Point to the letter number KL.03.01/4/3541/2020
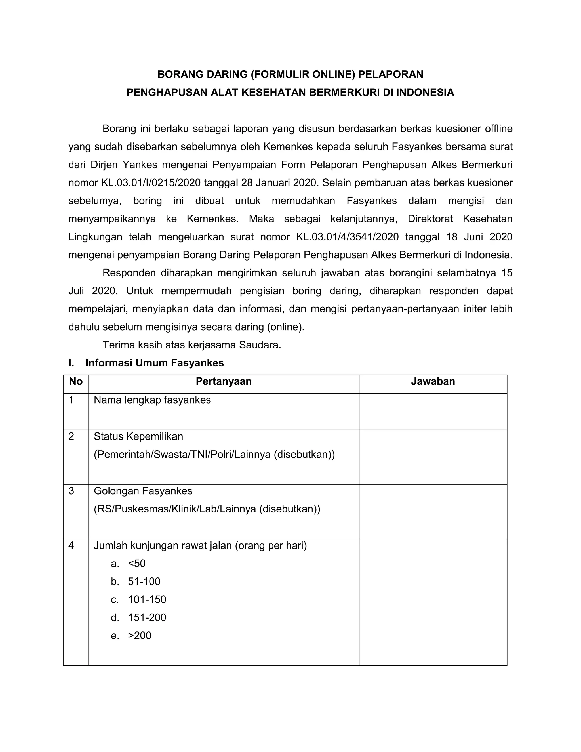(x=347, y=237)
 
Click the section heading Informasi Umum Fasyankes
(x=155, y=363)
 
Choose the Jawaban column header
(x=433, y=381)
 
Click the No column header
(x=76, y=381)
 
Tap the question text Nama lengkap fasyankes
(x=152, y=400)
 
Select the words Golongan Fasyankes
(x=143, y=491)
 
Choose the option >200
(x=139, y=635)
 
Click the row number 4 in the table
(x=71, y=545)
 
